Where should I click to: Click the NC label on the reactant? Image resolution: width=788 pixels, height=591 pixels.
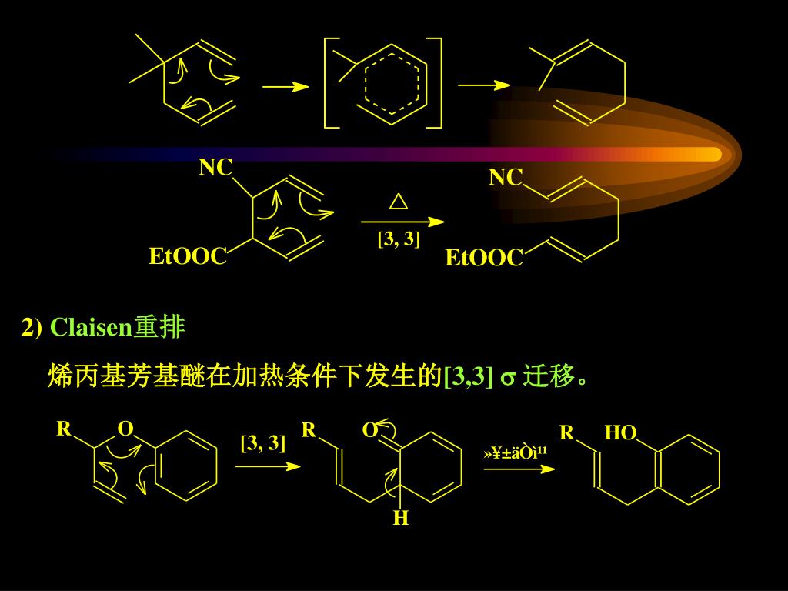point(215,168)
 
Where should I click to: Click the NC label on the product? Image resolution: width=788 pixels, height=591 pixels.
point(506,179)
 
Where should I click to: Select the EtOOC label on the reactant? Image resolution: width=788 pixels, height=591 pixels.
point(188,257)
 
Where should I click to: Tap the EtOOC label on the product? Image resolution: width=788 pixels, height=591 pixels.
point(484,259)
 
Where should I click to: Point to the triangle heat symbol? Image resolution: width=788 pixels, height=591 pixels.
point(398,202)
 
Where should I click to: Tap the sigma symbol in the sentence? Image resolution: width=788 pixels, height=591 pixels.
point(507,378)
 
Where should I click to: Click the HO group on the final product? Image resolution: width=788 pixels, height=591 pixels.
point(620,434)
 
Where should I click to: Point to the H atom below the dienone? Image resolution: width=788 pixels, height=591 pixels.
point(400,519)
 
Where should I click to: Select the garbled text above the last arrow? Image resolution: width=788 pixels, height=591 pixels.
point(515,452)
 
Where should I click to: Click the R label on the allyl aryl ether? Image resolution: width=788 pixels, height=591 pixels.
point(64,429)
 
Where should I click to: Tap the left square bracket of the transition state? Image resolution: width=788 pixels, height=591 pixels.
point(330,81)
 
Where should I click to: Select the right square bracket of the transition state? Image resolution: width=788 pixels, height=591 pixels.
point(437,81)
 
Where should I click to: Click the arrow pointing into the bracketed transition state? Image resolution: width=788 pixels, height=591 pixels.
point(285,88)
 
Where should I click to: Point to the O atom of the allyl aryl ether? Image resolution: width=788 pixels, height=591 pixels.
point(125,429)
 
